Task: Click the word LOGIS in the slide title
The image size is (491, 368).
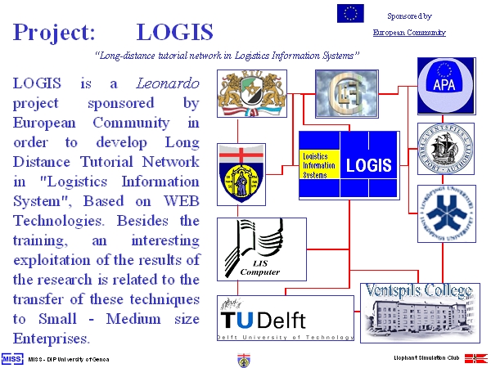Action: coord(174,32)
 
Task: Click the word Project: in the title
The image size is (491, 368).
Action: coord(54,33)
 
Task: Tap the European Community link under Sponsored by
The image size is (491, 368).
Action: coord(409,33)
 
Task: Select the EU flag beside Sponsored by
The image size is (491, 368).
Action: coord(350,13)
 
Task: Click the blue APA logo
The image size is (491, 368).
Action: coord(446,85)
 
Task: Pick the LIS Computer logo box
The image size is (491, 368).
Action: coord(261,248)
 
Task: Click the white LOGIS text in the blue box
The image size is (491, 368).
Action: coord(369,164)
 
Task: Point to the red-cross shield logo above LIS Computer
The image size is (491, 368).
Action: coord(241,173)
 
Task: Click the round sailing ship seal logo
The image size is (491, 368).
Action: coord(446,148)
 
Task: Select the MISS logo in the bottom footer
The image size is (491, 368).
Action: coord(11,358)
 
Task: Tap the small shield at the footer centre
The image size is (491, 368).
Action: coord(244,359)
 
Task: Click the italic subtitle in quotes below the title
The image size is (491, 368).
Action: coord(227,56)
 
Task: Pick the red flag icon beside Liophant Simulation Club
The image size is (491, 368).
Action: coord(476,358)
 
